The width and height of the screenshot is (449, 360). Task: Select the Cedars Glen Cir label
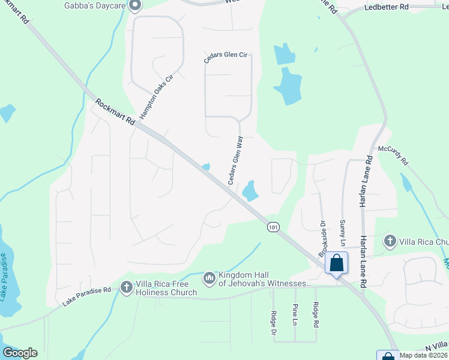226,55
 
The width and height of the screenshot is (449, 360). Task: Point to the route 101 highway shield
273,227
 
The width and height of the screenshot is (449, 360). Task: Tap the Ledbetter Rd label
387,7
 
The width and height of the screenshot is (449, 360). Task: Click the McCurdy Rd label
393,155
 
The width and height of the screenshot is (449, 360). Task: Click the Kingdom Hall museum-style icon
209,278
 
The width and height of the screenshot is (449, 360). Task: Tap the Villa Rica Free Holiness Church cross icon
127,287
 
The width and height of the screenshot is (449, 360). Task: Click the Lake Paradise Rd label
86,297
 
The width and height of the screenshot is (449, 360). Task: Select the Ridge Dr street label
274,322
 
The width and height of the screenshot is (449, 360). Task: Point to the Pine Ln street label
295,314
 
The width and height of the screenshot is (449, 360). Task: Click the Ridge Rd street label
315,314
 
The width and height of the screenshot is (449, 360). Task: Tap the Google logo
20,353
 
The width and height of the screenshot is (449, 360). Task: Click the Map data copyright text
423,355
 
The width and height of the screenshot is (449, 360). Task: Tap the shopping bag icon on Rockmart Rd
336,263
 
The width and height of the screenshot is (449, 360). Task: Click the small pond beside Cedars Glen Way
250,191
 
